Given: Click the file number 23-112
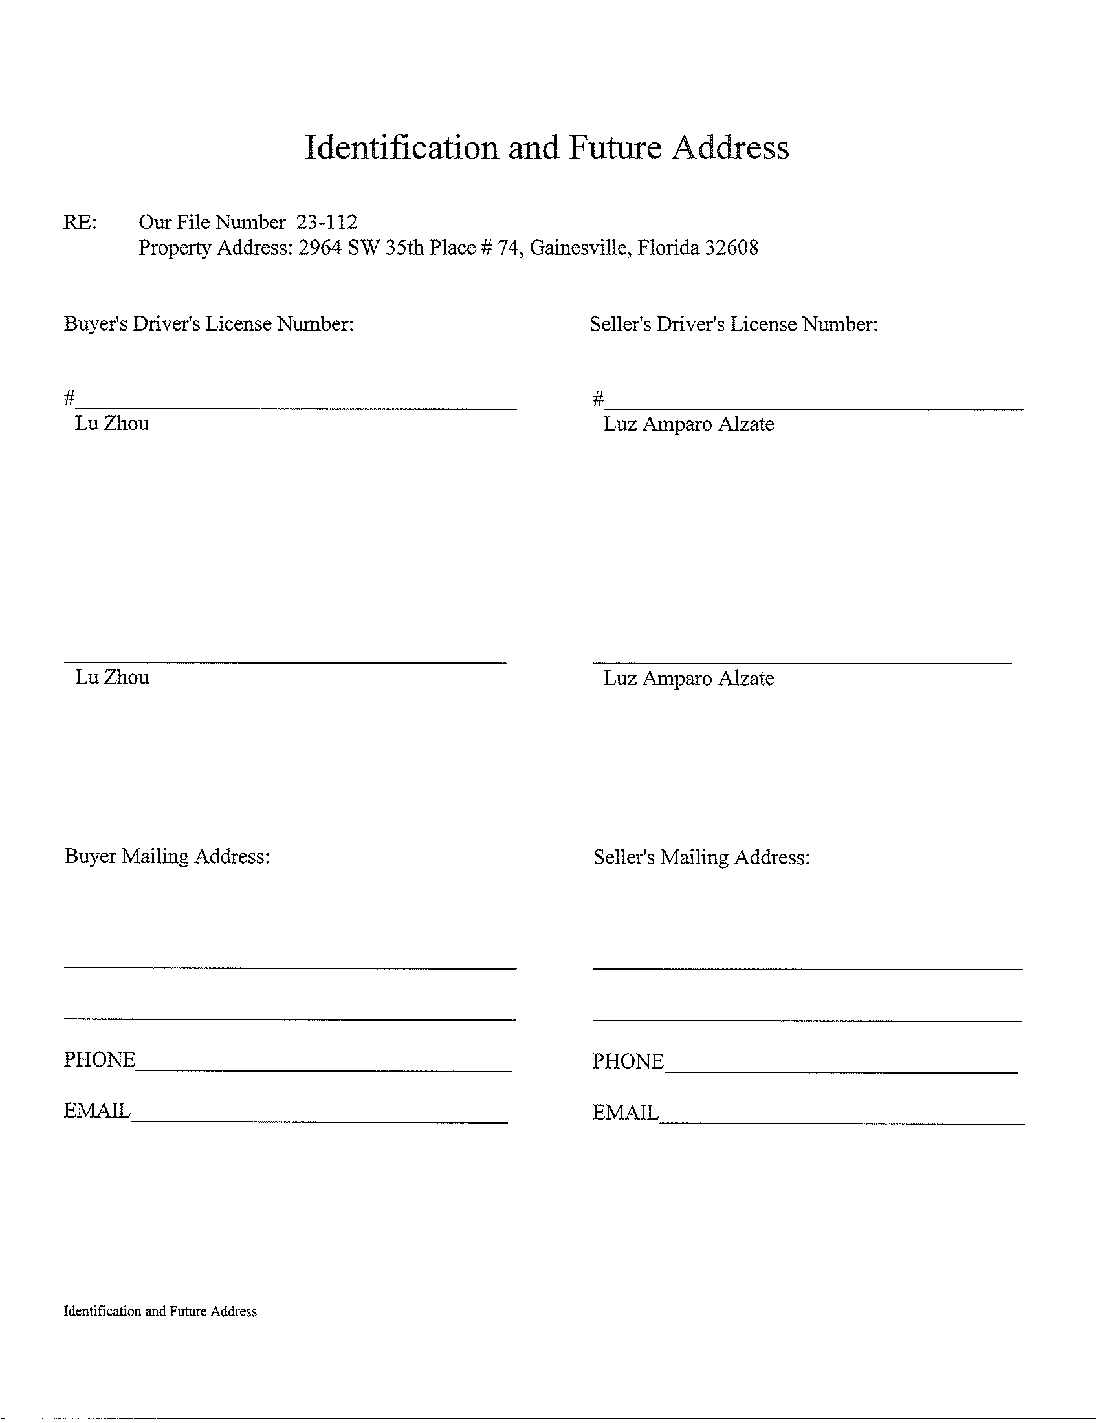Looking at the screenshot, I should tap(327, 222).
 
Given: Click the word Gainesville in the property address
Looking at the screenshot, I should tap(579, 248).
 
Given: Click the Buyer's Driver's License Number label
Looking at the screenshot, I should tap(208, 324).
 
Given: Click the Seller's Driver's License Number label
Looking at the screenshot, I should tap(734, 325).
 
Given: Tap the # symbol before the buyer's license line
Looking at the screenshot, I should tap(69, 396).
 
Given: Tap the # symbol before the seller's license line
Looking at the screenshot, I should tap(598, 397).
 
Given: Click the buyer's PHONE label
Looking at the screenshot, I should tap(99, 1060).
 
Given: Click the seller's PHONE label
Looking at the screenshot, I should tap(628, 1061).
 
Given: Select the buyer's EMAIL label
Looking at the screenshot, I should tap(97, 1111).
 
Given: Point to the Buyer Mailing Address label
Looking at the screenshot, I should tap(167, 856).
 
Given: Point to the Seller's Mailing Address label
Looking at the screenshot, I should tap(701, 858).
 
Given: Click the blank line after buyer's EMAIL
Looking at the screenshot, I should tap(319, 1121).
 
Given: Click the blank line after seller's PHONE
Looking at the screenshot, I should tap(841, 1070).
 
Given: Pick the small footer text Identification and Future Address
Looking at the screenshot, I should tap(160, 1312).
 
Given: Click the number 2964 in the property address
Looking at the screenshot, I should tap(319, 248).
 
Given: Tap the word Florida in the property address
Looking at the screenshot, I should tap(667, 248).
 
